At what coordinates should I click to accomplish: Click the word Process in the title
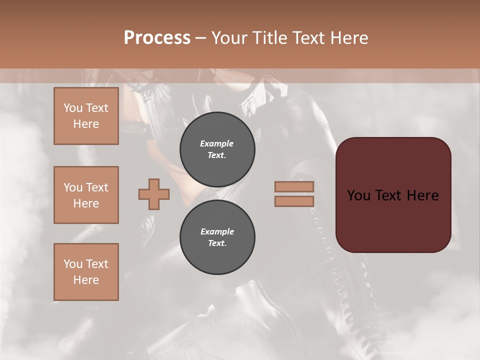tap(157, 38)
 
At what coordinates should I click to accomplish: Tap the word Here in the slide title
tap(348, 38)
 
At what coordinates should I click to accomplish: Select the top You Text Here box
tap(86, 116)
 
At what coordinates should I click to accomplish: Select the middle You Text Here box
tap(86, 195)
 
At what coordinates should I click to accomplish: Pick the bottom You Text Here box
tap(86, 272)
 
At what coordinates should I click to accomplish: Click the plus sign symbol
tap(154, 194)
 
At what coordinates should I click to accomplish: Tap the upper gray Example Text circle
tap(217, 149)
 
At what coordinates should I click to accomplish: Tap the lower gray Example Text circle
tap(217, 237)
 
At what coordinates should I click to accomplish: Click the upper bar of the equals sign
tap(294, 186)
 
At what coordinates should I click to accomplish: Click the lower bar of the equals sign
tap(294, 201)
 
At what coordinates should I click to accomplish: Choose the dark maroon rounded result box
tap(393, 194)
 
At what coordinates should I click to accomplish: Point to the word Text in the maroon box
tap(392, 195)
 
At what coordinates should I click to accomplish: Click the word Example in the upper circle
tap(217, 143)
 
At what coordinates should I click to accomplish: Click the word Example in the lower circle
tap(217, 231)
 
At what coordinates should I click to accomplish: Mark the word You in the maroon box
tap(358, 195)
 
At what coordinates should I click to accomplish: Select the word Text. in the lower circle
tap(217, 243)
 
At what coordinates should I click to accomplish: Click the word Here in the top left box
tap(86, 124)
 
